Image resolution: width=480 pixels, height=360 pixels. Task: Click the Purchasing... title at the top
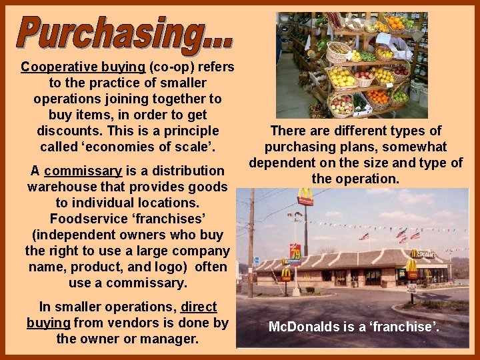click(125, 33)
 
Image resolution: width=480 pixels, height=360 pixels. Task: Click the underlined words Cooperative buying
click(83, 67)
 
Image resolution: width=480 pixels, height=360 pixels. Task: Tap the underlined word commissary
click(83, 171)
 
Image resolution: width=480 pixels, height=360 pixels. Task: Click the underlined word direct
click(199, 307)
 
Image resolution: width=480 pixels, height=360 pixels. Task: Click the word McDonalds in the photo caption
click(299, 327)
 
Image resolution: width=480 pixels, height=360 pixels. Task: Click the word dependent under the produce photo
click(283, 163)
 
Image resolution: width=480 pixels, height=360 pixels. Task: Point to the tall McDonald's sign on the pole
click(305, 197)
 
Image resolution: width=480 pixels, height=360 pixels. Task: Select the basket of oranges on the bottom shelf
click(378, 98)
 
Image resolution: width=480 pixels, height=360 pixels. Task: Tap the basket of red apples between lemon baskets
click(364, 78)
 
